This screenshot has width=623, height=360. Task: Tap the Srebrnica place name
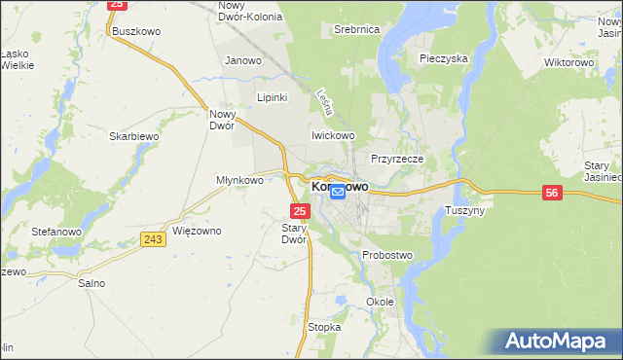click(x=355, y=30)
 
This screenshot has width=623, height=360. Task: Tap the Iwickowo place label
click(x=332, y=136)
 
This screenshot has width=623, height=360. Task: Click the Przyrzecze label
click(x=395, y=158)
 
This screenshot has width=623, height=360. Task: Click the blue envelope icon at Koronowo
click(x=337, y=193)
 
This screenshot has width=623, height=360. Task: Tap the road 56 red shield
click(x=552, y=194)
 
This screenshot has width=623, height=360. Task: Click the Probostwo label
click(x=387, y=255)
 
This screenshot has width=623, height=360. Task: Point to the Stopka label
click(x=324, y=327)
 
